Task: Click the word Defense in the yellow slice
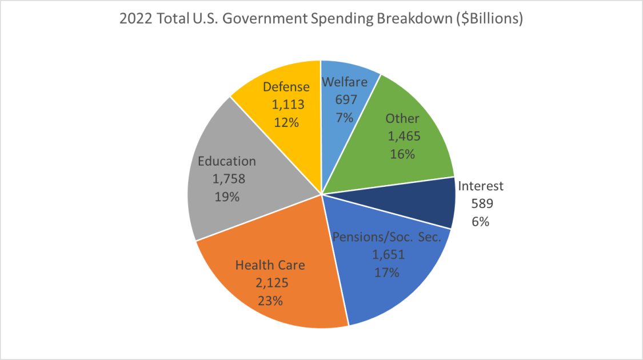tap(286, 87)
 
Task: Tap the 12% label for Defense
tap(286, 122)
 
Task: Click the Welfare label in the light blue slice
tap(344, 82)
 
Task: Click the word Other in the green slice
tap(402, 119)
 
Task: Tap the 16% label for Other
tap(402, 154)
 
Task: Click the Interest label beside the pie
tap(481, 186)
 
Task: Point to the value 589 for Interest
tap(480, 203)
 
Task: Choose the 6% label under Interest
tap(480, 222)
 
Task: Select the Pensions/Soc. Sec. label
tap(387, 237)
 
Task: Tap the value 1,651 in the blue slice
tap(387, 255)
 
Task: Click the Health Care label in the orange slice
tap(270, 265)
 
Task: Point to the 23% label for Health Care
tap(270, 301)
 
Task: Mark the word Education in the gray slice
tap(227, 161)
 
